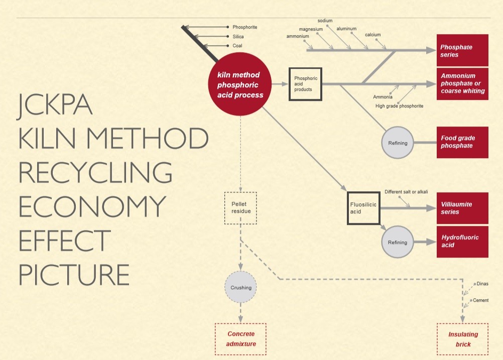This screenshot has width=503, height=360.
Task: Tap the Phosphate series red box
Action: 462,50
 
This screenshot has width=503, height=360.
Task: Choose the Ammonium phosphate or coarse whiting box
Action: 462,84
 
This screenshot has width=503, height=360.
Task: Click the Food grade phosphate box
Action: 462,142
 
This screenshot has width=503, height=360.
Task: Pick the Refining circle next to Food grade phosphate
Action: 398,143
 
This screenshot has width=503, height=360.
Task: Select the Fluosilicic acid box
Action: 364,208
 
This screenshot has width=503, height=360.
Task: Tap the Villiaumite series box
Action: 462,208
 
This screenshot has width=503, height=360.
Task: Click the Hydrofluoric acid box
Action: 462,242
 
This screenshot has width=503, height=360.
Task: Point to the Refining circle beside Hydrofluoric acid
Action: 398,242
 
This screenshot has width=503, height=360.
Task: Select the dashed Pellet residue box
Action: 240,207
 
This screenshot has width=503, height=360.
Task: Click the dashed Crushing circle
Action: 240,288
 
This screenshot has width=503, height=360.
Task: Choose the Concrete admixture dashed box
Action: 240,339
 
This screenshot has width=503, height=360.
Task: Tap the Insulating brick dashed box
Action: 463,339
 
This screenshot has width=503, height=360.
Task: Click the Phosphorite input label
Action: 244,27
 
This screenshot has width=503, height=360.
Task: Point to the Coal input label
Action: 237,46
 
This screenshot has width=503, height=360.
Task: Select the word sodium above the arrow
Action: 325,21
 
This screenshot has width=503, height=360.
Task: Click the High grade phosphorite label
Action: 399,106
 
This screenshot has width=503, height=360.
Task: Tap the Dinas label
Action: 482,284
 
